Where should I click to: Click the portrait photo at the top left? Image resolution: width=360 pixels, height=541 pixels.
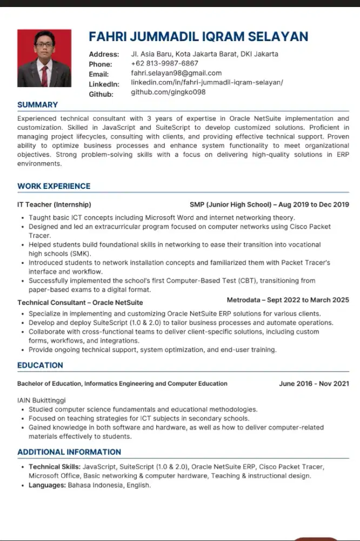pyautogui.click(x=44, y=58)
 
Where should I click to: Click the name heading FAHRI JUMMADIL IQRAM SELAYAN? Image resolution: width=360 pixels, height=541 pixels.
pyautogui.click(x=198, y=37)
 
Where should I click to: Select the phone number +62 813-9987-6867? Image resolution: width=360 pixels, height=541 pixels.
pyautogui.click(x=164, y=63)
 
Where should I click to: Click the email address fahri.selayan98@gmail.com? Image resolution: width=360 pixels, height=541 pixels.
pyautogui.click(x=176, y=73)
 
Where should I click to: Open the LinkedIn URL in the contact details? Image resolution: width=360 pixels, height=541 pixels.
pyautogui.click(x=206, y=83)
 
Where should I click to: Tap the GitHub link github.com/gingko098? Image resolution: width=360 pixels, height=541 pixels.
pyautogui.click(x=168, y=93)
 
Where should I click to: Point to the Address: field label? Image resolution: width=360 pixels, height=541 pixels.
pyautogui.click(x=104, y=54)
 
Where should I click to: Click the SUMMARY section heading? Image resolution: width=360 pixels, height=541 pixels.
pyautogui.click(x=37, y=105)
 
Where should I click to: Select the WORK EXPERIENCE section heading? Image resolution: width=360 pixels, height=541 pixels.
pyautogui.click(x=54, y=186)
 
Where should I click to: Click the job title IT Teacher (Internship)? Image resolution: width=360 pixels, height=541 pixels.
pyautogui.click(x=54, y=205)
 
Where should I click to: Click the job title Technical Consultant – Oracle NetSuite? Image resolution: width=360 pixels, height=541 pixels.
pyautogui.click(x=80, y=302)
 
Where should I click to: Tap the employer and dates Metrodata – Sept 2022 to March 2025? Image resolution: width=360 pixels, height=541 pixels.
pyautogui.click(x=288, y=300)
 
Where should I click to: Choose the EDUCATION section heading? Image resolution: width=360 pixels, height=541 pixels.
pyautogui.click(x=40, y=365)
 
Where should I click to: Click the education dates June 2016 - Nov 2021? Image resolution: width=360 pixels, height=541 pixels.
pyautogui.click(x=314, y=384)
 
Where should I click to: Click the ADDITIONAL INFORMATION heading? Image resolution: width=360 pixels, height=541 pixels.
pyautogui.click(x=69, y=452)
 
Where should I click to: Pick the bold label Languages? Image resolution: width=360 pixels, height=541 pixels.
pyautogui.click(x=47, y=485)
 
